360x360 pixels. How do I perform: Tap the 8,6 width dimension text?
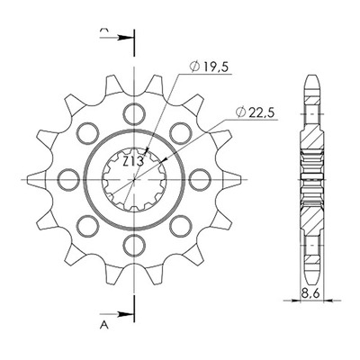click(x=312, y=292)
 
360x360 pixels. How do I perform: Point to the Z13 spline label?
click(x=133, y=162)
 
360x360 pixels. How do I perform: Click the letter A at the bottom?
click(x=103, y=325)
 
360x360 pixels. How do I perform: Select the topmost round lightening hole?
click(x=134, y=114)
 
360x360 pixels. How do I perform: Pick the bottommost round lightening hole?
click(x=134, y=245)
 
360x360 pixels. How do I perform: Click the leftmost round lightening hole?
click(x=68, y=180)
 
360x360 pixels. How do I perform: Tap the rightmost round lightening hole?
click(x=200, y=180)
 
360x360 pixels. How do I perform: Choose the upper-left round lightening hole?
click(x=87, y=133)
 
